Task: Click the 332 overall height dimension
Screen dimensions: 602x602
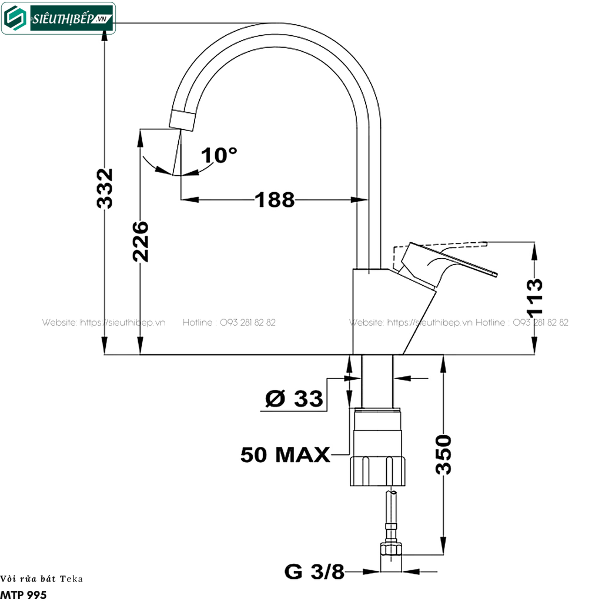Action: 105,189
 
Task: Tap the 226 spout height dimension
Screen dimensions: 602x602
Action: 140,242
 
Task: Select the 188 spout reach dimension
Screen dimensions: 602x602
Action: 275,200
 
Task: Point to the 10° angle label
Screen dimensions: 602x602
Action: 219,155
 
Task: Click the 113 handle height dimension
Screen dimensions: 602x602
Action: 534,297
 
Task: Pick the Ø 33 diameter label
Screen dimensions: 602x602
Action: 294,399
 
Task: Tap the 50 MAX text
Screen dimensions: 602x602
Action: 285,454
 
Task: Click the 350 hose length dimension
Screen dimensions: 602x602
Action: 443,454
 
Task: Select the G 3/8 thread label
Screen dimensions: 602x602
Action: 314,571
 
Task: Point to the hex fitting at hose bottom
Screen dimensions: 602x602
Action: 391,549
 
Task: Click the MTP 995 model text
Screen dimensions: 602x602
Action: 24,595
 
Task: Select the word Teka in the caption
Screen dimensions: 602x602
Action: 71,579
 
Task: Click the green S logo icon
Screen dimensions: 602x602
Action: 15,18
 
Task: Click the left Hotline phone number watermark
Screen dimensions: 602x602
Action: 229,323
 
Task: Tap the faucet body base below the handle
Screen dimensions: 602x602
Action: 384,312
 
